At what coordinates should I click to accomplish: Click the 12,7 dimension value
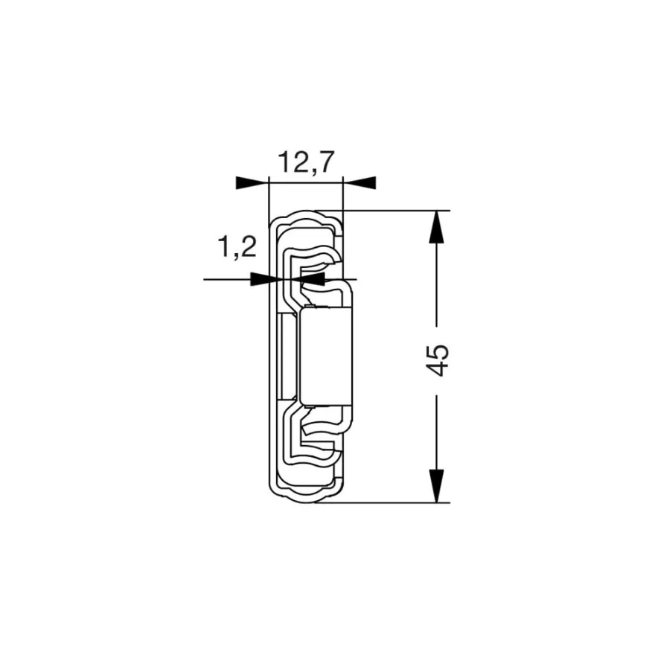(306, 162)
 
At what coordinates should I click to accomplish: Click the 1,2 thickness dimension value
(237, 246)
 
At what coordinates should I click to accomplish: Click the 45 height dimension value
(437, 360)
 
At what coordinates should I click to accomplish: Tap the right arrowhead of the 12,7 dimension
(360, 182)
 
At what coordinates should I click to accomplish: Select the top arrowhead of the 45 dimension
(436, 226)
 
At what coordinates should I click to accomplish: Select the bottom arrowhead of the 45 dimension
(436, 486)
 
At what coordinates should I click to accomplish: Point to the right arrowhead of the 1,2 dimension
(308, 278)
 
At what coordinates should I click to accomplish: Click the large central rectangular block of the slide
(326, 357)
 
